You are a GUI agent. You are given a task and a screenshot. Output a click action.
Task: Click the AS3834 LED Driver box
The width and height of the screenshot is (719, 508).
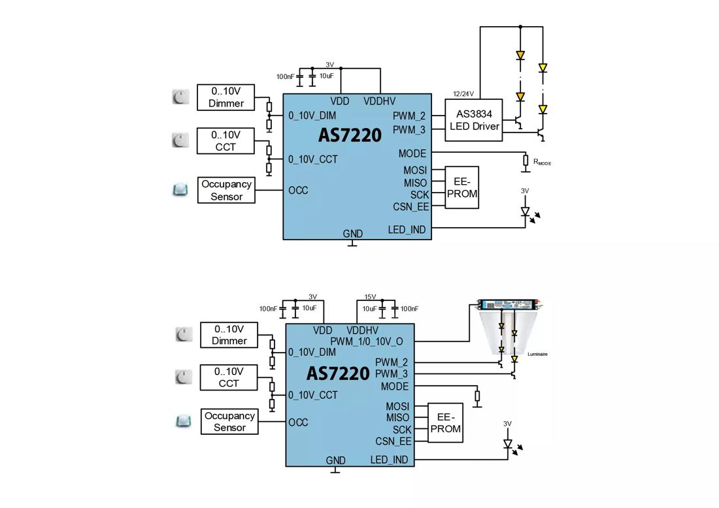coord(474,120)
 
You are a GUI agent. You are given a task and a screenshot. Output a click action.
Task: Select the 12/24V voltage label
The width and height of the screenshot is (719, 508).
coord(463,94)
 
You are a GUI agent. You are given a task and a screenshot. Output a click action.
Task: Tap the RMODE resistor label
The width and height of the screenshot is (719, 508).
coord(542,162)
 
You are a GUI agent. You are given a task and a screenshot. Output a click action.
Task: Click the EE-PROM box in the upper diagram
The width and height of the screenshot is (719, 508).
coord(461,187)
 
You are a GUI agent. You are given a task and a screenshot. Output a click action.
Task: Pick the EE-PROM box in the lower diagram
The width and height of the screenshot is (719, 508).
coord(445,423)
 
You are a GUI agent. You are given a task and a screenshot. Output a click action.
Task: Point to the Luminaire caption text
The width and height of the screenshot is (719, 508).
coord(537,354)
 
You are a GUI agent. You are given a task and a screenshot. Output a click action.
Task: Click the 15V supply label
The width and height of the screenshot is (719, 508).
coord(370,297)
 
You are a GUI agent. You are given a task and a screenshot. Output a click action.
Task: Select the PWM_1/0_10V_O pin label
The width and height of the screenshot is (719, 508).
coord(367,341)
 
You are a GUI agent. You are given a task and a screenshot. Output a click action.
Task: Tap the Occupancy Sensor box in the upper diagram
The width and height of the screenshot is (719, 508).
coord(227,190)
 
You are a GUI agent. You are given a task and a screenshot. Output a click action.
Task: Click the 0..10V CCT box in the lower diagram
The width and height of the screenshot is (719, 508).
coord(229,377)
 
